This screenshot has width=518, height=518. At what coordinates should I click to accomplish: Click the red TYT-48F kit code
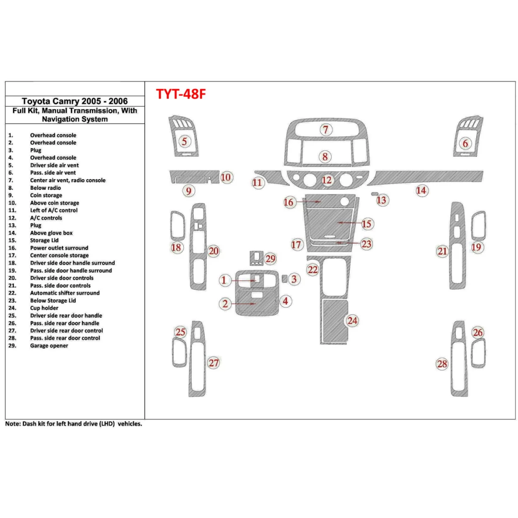[181, 94]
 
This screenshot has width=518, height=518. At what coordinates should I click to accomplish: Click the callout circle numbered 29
[270, 259]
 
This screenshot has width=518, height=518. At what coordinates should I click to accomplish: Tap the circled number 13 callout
[381, 200]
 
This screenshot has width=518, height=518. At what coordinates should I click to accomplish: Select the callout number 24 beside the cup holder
[352, 321]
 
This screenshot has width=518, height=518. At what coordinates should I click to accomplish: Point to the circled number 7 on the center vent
[326, 130]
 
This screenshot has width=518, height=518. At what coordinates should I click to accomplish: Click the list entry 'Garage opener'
[49, 346]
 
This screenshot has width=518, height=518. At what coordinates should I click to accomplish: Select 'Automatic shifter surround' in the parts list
[65, 293]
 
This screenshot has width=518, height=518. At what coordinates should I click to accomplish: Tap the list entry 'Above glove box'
[51, 233]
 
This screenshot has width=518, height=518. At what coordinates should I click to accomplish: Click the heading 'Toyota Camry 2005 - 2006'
[75, 101]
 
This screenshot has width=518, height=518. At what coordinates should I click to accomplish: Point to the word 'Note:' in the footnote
[12, 424]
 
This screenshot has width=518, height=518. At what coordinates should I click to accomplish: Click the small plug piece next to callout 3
[285, 278]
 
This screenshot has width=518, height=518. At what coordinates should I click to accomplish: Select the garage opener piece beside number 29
[257, 257]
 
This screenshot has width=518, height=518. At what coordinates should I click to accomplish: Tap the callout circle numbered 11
[257, 183]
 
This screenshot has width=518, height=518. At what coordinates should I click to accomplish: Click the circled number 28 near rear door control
[442, 364]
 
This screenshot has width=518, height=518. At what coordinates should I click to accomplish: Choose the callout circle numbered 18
[176, 248]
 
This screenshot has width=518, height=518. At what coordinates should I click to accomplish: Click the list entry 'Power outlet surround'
[59, 248]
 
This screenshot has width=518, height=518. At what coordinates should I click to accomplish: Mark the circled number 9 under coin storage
[189, 191]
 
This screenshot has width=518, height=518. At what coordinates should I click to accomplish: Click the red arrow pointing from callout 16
[309, 202]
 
